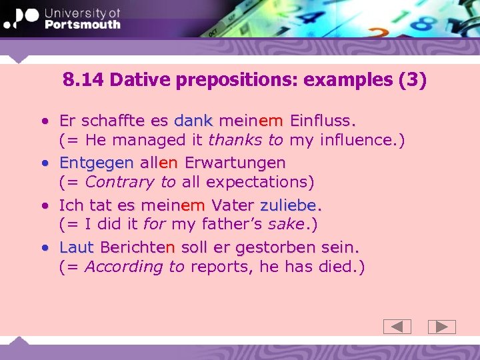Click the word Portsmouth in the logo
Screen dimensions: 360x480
pyautogui.click(x=82, y=24)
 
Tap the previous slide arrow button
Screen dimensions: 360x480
pyautogui.click(x=397, y=327)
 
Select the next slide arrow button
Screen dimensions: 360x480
pyautogui.click(x=441, y=327)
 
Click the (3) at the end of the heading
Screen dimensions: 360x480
pyautogui.click(x=411, y=81)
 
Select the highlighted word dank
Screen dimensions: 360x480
pyautogui.click(x=193, y=121)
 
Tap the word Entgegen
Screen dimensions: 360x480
pyautogui.click(x=97, y=163)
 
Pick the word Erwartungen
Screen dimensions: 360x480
pyautogui.click(x=235, y=163)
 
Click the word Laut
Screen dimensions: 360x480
pyautogui.click(x=76, y=247)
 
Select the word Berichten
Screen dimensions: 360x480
pyautogui.click(x=137, y=247)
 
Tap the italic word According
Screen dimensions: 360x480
pyautogui.click(x=123, y=267)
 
